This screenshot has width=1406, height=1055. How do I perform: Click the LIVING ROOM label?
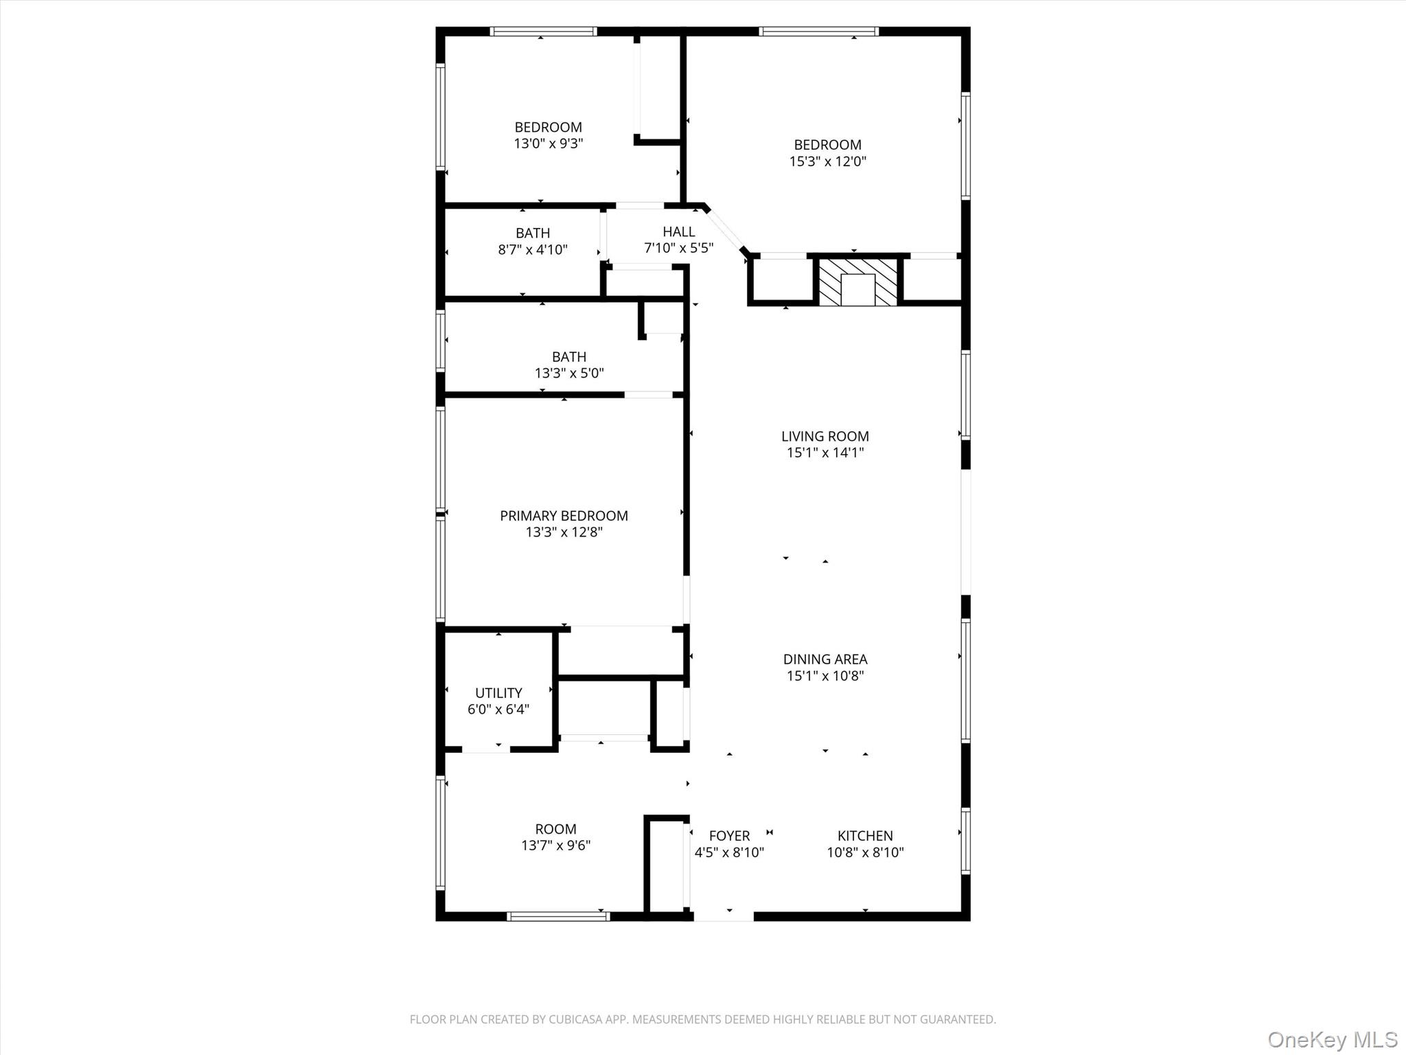coord(825,436)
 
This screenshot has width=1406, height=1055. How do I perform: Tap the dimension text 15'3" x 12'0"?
coord(827,161)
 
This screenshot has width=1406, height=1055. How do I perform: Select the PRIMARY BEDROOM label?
coord(564,516)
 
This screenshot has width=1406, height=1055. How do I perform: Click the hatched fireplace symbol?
coord(857,281)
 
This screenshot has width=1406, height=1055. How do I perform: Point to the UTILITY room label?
coord(498,693)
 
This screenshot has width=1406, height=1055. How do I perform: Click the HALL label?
coord(678,231)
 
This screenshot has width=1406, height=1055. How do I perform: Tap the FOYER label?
coord(729,836)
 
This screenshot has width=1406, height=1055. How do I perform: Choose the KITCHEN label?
coord(865,836)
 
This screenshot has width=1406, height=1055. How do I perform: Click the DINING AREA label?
coord(825,659)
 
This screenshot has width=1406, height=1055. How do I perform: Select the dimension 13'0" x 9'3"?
coord(548,144)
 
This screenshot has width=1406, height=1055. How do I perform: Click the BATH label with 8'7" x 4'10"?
coord(533,233)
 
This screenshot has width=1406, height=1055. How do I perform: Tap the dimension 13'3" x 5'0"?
coord(569,373)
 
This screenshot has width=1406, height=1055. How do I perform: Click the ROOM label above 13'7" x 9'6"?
coord(555,829)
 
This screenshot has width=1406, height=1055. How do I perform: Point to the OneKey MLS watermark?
coord(1332,1039)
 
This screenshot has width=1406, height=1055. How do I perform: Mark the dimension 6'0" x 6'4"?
coord(498,710)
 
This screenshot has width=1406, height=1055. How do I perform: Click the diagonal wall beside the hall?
coord(726,230)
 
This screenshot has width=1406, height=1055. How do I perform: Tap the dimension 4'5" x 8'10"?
coord(729,852)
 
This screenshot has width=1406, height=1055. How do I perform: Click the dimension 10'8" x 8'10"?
coord(865,852)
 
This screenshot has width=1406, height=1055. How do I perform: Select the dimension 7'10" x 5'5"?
coord(678,248)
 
